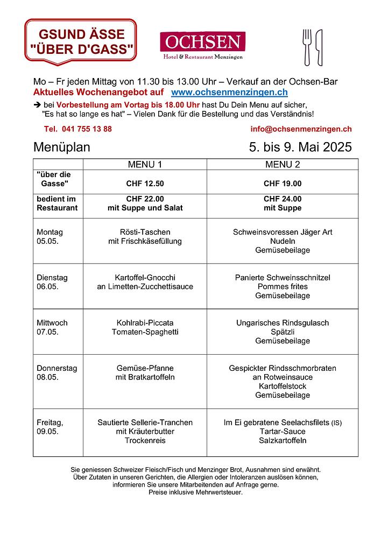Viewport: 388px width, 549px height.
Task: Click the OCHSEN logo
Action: point(202,45)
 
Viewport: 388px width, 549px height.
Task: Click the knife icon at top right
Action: point(319,47)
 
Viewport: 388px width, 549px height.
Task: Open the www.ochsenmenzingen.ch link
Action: point(229,93)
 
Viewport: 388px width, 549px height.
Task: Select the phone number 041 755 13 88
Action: point(78,129)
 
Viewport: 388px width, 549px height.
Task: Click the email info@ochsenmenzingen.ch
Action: point(301,129)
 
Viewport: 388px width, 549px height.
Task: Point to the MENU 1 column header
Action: point(144,164)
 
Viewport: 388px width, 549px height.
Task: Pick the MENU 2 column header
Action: point(282,164)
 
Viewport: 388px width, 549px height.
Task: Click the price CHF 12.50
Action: point(145,184)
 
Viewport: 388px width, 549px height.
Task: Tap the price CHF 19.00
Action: point(282,184)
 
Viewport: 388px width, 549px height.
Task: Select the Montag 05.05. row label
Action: point(50,237)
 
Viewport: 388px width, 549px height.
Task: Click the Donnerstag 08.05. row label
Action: point(57,372)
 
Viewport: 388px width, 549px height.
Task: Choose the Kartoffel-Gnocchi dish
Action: point(145,278)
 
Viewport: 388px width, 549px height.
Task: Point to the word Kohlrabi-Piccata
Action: point(145,323)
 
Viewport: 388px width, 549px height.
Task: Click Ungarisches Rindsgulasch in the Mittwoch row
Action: point(282,323)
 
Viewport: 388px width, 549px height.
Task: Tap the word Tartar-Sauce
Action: point(282,432)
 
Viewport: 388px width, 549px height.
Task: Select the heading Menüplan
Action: point(61,147)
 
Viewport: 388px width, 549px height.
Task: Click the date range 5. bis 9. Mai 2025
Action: point(300,147)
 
